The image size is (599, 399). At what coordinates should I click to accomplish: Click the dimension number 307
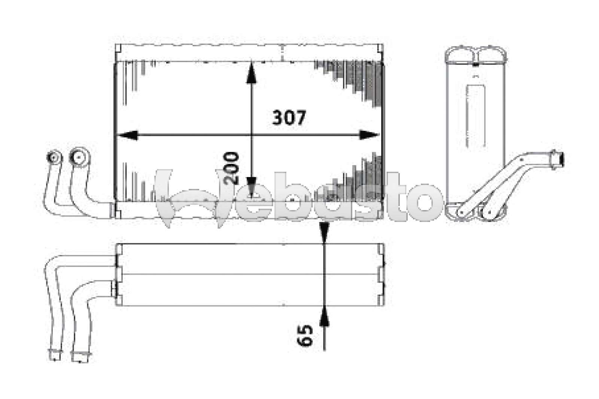(289, 118)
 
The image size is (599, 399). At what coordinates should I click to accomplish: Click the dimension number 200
(231, 168)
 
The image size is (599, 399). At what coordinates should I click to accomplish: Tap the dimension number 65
(305, 335)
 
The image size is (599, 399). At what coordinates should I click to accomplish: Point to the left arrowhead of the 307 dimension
(127, 135)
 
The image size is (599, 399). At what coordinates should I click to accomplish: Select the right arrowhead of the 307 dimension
(368, 135)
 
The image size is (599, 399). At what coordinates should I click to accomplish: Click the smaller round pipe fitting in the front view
(54, 157)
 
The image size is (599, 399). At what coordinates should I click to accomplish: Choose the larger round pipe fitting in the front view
(79, 157)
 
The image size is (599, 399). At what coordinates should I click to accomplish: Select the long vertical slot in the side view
(475, 116)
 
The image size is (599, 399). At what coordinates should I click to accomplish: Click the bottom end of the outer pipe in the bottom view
(55, 355)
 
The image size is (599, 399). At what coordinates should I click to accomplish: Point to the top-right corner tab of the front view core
(380, 49)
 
